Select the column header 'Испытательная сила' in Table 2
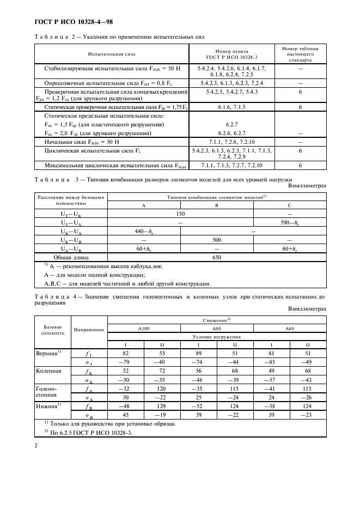[112, 54]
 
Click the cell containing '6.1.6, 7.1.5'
[232, 108]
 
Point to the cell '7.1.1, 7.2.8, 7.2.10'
[232, 141]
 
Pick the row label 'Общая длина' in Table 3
[71, 257]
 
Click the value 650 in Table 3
[217, 257]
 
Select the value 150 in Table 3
[180, 215]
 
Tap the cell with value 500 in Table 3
[217, 239]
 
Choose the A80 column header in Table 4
[216, 329]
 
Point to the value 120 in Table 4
[162, 388]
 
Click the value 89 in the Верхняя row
[198, 354]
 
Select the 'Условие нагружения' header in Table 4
[216, 337]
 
